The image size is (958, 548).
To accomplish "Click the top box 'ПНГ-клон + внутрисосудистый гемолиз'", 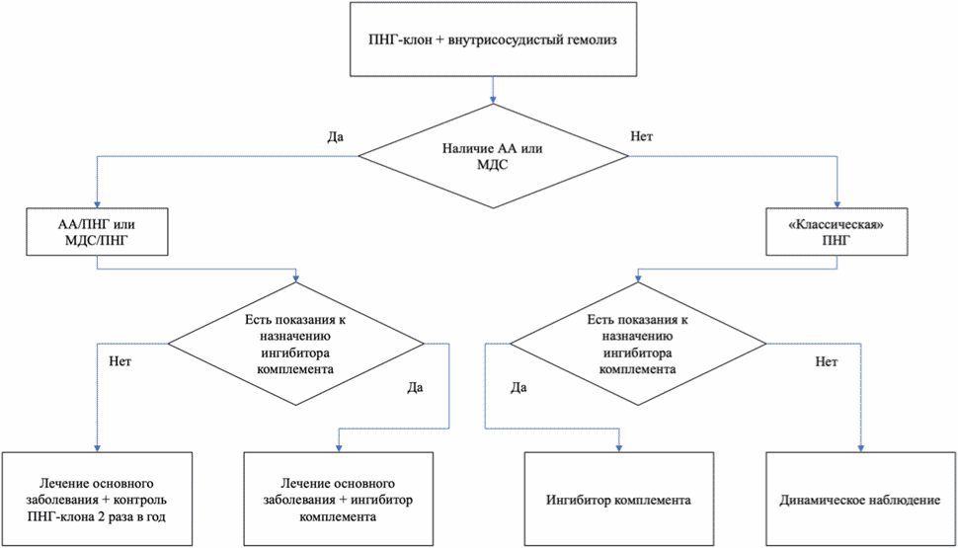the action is (493, 39).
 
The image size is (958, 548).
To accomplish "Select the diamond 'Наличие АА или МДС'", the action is (493, 156).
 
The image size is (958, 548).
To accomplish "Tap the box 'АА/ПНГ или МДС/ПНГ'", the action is (97, 232).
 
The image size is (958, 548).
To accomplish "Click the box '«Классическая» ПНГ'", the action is (837, 232).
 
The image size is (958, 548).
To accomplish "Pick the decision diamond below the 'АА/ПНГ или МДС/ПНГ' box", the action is (295, 344).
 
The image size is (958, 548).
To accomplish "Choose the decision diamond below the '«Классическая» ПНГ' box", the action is (638, 344).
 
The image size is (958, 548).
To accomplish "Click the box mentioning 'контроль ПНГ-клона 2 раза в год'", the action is (97, 500).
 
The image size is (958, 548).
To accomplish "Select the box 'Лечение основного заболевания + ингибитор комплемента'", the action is (339, 500).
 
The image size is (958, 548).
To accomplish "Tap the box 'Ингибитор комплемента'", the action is (619, 500).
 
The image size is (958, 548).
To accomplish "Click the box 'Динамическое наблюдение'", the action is (860, 500).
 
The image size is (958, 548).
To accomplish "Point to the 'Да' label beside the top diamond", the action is (336, 137).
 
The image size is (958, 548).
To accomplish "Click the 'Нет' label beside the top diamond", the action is (642, 136).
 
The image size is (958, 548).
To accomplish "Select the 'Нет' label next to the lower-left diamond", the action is (120, 361).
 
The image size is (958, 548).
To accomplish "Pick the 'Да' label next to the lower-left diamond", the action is (416, 387).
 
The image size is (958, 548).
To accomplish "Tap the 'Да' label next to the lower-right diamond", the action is (519, 387).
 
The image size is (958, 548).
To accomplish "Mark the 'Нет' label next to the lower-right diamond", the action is (827, 361).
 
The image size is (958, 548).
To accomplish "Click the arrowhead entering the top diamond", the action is (493, 100).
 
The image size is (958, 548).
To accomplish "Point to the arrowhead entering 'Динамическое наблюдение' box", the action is (861, 448).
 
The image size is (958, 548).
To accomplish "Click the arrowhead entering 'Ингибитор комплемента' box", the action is (619, 448).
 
